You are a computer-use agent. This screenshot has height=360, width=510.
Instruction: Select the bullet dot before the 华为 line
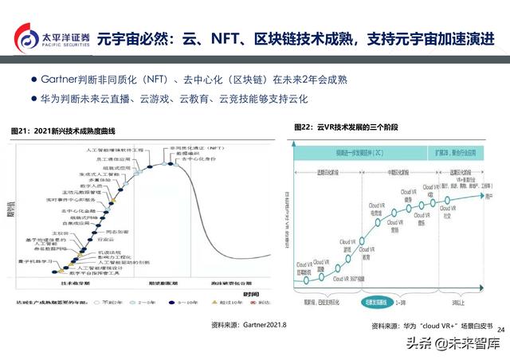[x=33, y=99]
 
